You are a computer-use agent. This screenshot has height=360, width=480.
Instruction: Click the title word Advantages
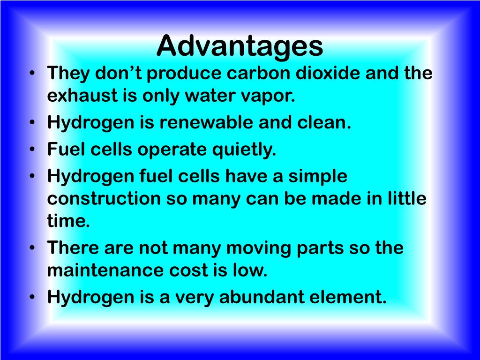(x=240, y=46)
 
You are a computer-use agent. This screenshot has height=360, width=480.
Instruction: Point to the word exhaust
(x=80, y=96)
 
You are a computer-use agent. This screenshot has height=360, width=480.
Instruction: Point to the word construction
(x=103, y=199)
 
